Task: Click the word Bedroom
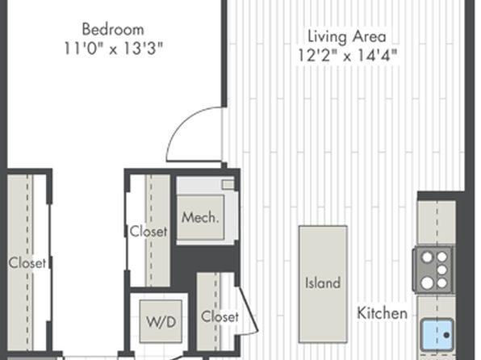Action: pos(113,30)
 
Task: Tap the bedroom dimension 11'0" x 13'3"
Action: pos(113,48)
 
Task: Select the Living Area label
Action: pos(347,37)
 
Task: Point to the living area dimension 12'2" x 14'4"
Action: pos(347,56)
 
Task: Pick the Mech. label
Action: pos(200,218)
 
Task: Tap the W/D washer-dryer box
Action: pos(161,321)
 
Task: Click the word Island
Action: pos(323,283)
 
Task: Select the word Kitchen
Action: pos(383,313)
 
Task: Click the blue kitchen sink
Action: pos(437,334)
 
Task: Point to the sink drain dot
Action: pos(446,335)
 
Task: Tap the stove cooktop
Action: pos(433,270)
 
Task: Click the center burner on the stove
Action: pos(441,270)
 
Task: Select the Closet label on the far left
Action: pos(27,262)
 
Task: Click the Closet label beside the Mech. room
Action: pos(148,232)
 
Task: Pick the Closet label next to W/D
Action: pos(220,316)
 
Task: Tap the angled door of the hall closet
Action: pos(248,310)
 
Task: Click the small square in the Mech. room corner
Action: pos(228,185)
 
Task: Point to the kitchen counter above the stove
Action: pos(437,223)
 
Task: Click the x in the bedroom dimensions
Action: pos(113,50)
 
